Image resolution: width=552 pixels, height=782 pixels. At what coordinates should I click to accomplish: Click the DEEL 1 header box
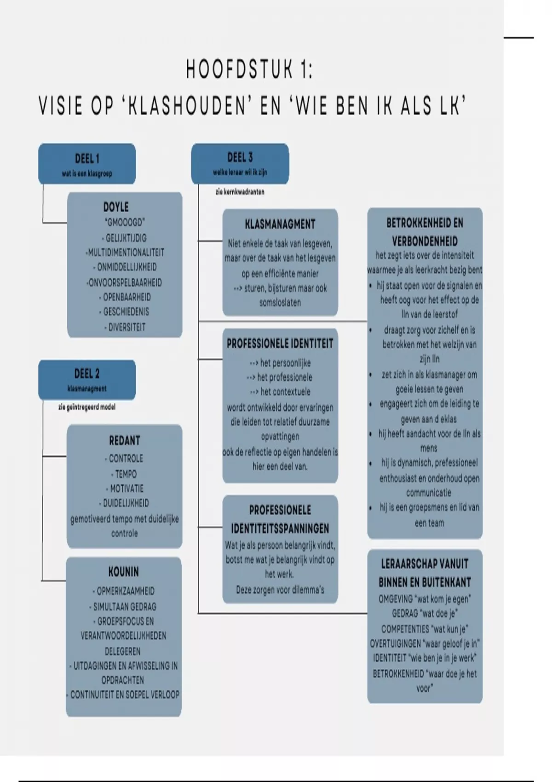[x=87, y=164]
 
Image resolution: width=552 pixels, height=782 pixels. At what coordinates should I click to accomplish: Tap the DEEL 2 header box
[x=87, y=379]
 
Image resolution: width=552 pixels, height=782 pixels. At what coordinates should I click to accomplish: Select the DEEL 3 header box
[x=240, y=163]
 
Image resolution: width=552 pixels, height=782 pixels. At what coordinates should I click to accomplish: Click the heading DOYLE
[x=116, y=207]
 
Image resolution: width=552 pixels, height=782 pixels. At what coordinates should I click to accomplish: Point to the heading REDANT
[x=124, y=441]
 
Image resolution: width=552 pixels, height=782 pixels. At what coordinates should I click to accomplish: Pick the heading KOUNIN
[x=123, y=572]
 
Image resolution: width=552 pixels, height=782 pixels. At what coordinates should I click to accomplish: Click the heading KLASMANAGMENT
[x=280, y=224]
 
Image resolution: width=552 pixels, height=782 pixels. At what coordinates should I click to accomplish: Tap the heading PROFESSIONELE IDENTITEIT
[x=280, y=344]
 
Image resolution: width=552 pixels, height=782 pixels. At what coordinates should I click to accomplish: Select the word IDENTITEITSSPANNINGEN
[x=280, y=528]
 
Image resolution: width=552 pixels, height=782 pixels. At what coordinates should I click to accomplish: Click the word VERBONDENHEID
[x=425, y=241]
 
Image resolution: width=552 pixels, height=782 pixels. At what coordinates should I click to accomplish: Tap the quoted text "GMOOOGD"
[x=125, y=223]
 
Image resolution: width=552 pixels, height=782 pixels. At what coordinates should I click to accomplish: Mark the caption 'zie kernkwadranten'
[x=240, y=192]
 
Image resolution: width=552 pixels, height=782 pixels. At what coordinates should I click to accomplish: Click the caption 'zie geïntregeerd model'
[x=87, y=407]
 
